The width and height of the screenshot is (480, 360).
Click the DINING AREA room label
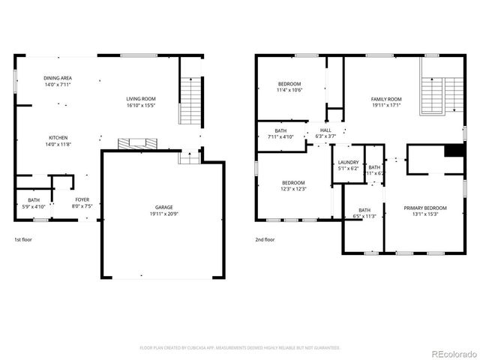pyautogui.click(x=58, y=78)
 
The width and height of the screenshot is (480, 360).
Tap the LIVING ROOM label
pyautogui.click(x=140, y=99)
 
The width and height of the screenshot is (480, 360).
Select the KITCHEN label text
pyautogui.click(x=58, y=138)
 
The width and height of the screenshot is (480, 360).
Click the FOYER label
pyautogui.click(x=81, y=199)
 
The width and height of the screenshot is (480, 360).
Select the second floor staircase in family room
pyautogui.click(x=433, y=95)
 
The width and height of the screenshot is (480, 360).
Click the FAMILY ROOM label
pyautogui.click(x=386, y=99)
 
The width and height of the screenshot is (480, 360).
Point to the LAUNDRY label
pyautogui.click(x=348, y=162)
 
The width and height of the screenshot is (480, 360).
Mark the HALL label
pyautogui.click(x=325, y=130)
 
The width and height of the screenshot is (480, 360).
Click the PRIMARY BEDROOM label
pyautogui.click(x=425, y=208)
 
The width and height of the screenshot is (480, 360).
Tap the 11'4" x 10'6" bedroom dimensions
pyautogui.click(x=289, y=90)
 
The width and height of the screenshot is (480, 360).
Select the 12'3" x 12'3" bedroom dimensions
pyautogui.click(x=293, y=189)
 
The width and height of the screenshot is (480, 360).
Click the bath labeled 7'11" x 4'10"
pyautogui.click(x=280, y=133)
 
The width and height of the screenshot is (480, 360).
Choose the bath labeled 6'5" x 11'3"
pyautogui.click(x=364, y=214)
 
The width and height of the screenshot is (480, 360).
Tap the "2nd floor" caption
pyautogui.click(x=265, y=240)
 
